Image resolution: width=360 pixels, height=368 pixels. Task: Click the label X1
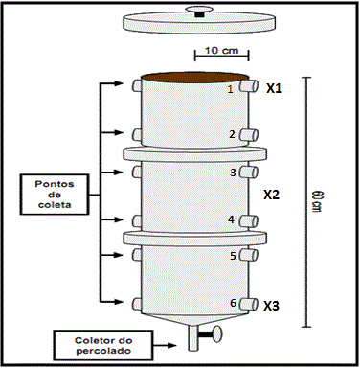(275, 88)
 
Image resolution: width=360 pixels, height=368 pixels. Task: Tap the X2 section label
(271, 195)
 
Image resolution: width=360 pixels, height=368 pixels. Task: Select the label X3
(271, 306)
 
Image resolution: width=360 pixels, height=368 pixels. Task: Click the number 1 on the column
(231, 89)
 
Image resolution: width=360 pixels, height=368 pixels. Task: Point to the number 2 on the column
(232, 134)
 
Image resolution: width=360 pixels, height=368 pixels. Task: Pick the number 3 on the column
(233, 172)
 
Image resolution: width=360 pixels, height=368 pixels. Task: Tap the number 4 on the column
(232, 219)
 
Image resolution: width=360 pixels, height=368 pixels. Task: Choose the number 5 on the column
(233, 256)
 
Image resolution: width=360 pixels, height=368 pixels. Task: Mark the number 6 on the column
(233, 303)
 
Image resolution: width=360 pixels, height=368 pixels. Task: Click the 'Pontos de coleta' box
(55, 195)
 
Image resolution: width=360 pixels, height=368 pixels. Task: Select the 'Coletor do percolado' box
(102, 345)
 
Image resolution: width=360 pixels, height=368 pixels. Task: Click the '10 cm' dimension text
(221, 50)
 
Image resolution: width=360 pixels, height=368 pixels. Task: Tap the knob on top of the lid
(199, 11)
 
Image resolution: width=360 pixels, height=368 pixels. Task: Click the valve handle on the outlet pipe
(212, 334)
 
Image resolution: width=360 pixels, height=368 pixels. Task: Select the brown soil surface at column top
(195, 77)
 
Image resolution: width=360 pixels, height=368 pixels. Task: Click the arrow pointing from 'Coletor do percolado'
(164, 345)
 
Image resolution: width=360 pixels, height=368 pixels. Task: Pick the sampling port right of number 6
(249, 304)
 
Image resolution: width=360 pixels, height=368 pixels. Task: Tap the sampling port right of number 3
(249, 172)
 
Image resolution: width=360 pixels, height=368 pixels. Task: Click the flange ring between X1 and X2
(194, 153)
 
